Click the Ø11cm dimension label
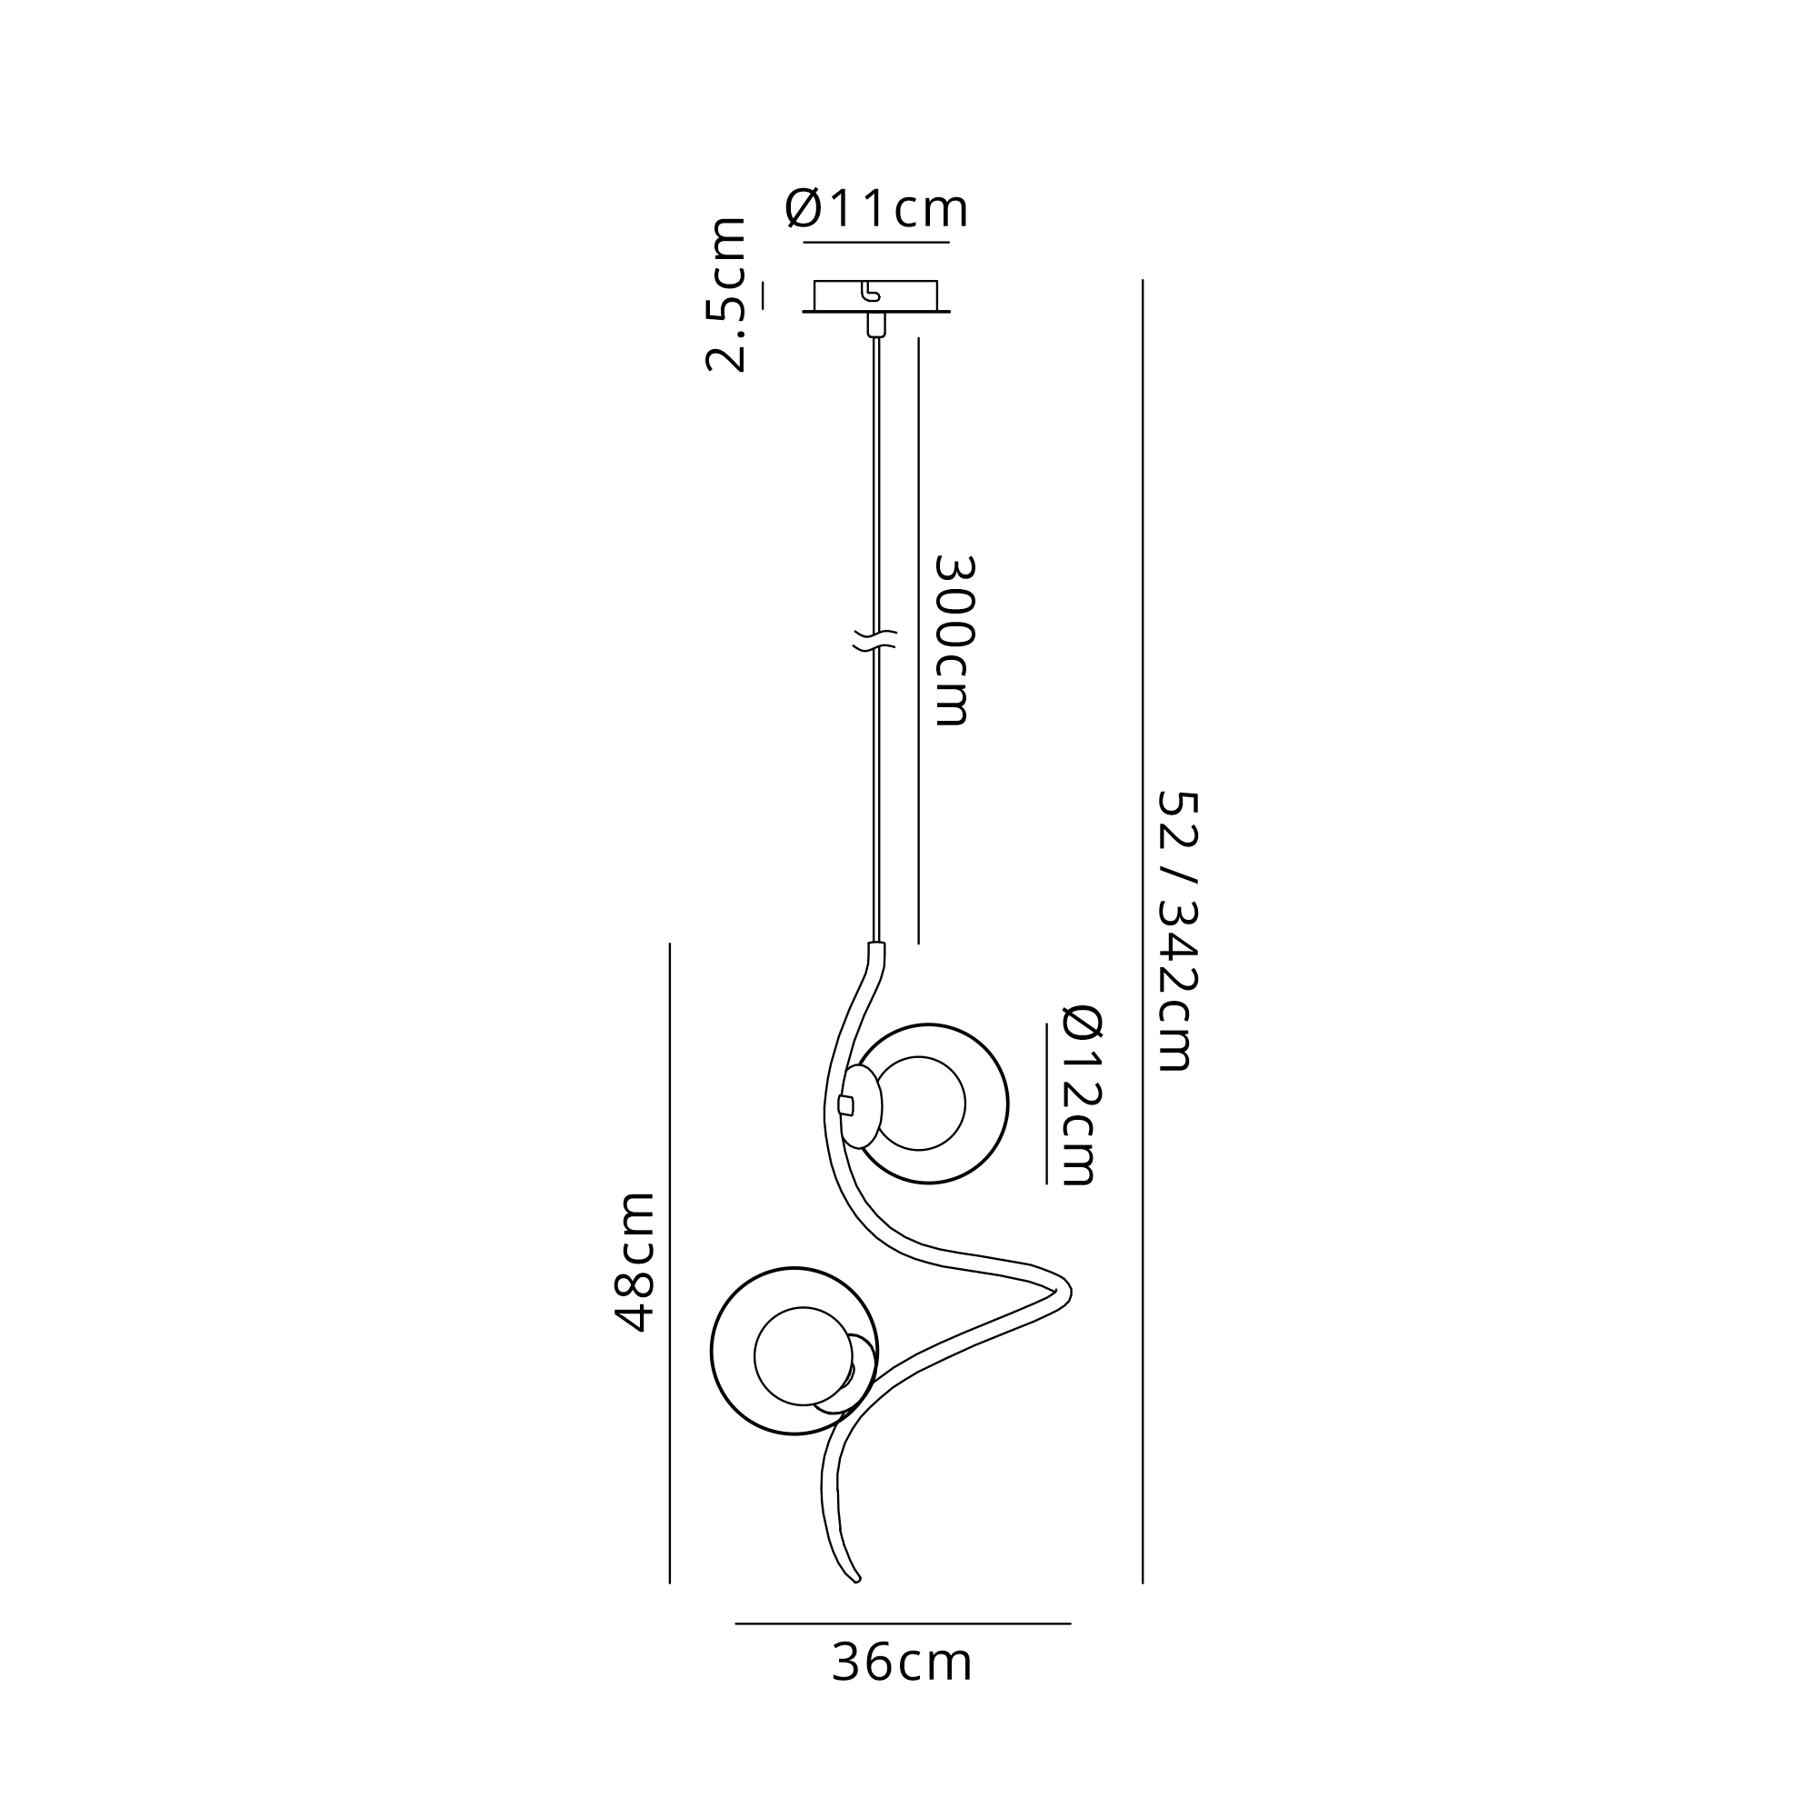pyautogui.click(x=876, y=208)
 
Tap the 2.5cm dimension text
pyautogui.click(x=726, y=295)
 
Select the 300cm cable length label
pyautogui.click(x=954, y=640)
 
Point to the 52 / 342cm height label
pyautogui.click(x=1176, y=931)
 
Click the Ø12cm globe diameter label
pyautogui.click(x=1082, y=1094)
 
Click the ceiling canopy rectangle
pyautogui.click(x=876, y=295)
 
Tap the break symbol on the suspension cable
pyautogui.click(x=875, y=640)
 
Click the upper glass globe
pyautogui.click(x=1007, y=1103)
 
